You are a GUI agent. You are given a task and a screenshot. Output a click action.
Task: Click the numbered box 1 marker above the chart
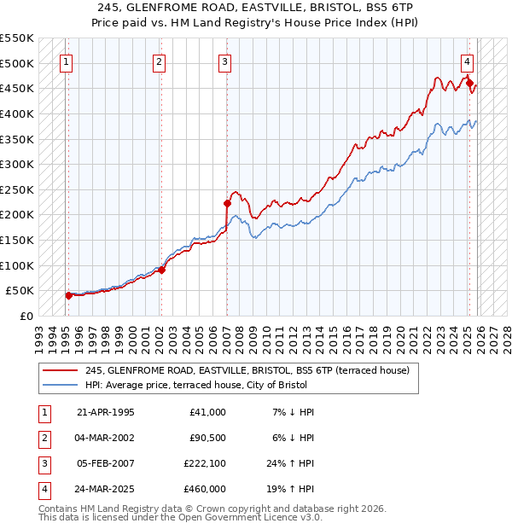pyautogui.click(x=66, y=61)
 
